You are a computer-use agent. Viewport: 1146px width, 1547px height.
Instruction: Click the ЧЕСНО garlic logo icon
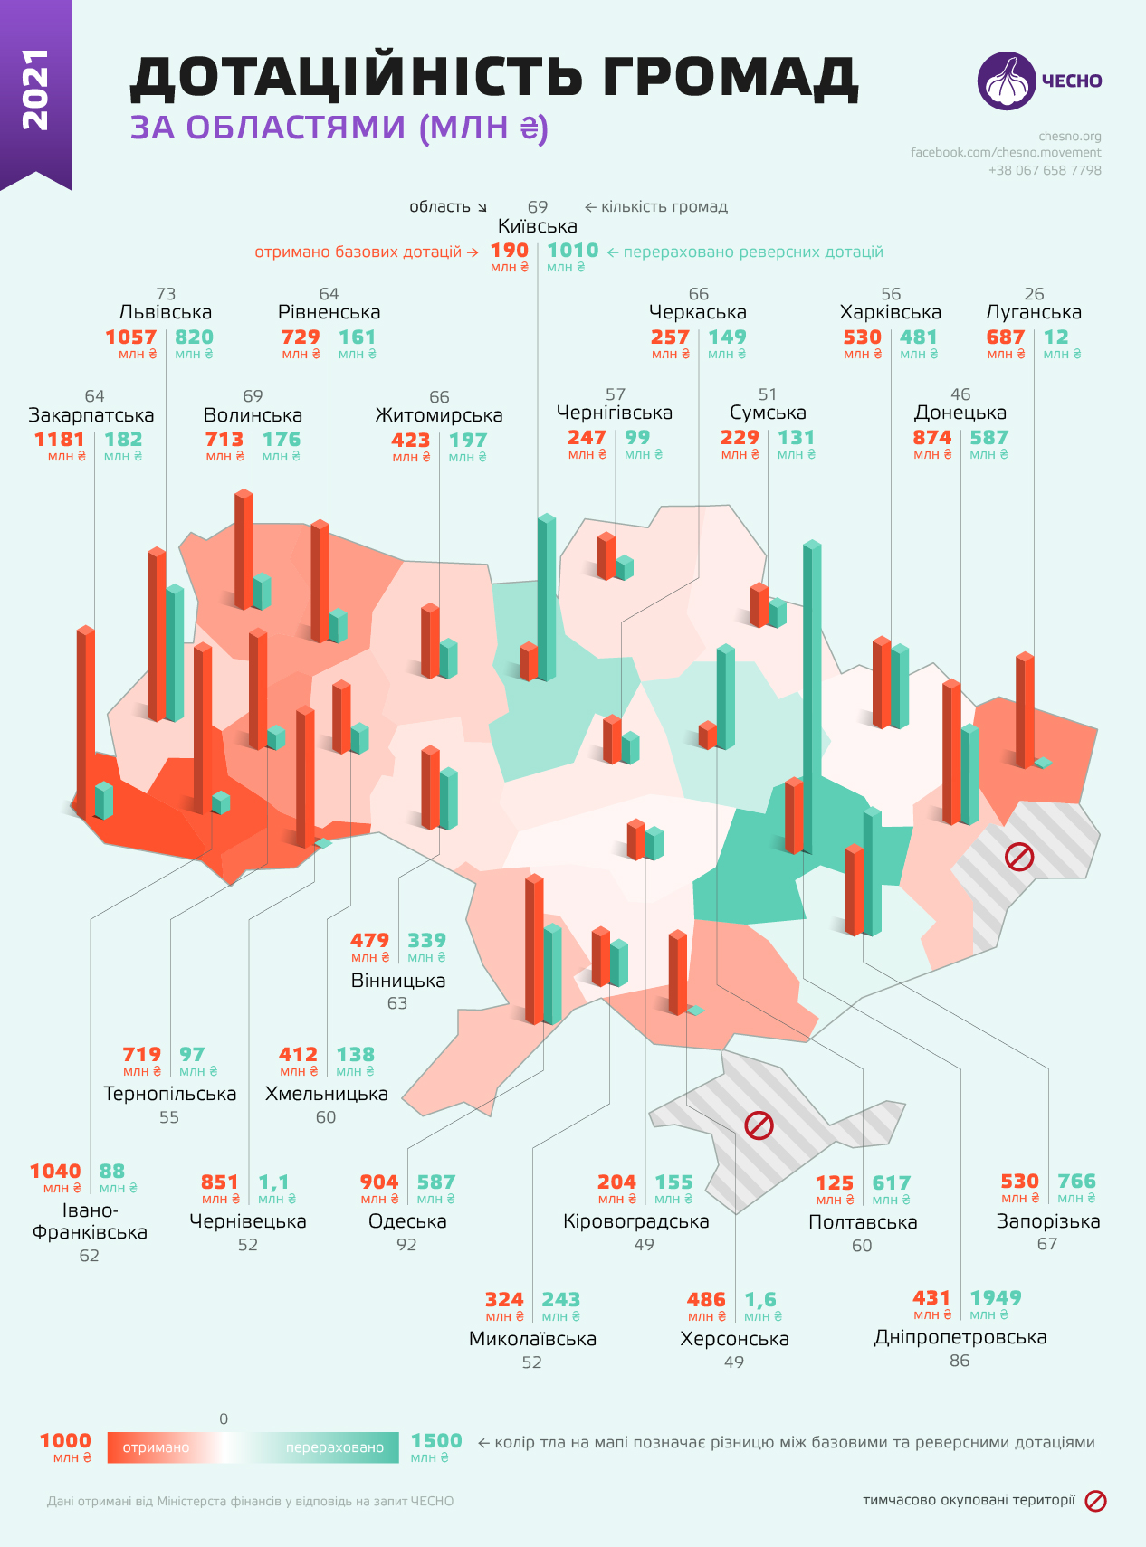tap(1006, 81)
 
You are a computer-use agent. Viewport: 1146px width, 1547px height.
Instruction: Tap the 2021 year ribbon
tap(35, 90)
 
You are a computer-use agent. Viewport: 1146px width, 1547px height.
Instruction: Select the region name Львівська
tap(166, 313)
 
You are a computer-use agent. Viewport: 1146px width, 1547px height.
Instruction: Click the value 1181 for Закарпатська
tap(59, 440)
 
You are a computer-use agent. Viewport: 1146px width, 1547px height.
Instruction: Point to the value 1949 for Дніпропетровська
tap(995, 1298)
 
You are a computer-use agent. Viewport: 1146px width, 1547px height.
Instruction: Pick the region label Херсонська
tap(734, 1339)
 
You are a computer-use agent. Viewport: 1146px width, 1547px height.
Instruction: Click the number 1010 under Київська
tap(572, 251)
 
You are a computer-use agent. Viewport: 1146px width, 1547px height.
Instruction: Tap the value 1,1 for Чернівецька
tap(273, 1182)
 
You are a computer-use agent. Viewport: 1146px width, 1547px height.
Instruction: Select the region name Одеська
tap(407, 1221)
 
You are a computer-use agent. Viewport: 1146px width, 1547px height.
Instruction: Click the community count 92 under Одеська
tap(406, 1245)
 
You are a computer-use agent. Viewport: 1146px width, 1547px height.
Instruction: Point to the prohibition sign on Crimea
tap(759, 1125)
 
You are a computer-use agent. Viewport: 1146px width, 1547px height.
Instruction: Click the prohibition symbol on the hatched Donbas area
tap(1019, 857)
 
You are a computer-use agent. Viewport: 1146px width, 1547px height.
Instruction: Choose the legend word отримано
tap(156, 1447)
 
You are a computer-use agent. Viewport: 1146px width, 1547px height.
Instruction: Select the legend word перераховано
tap(335, 1447)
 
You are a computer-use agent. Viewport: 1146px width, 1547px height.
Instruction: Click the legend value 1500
tap(436, 1441)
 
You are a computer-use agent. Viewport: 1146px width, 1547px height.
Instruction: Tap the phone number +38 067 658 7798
tap(1045, 170)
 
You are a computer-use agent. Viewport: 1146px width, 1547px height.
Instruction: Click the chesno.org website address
tap(1070, 137)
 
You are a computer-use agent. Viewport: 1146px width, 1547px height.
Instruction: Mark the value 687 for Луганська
tap(1005, 337)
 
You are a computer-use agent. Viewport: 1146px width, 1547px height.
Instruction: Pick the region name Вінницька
tap(398, 981)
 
